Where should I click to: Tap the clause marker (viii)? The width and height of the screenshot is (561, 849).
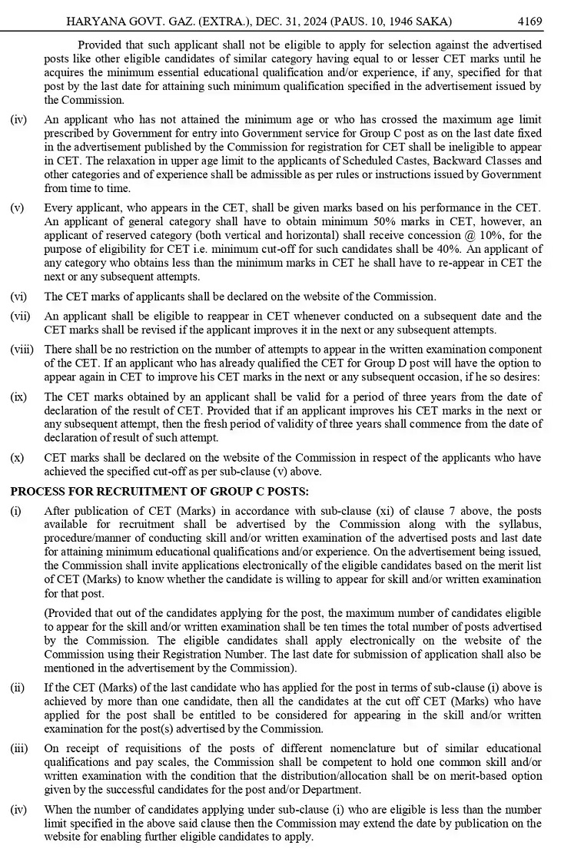pyautogui.click(x=22, y=350)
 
